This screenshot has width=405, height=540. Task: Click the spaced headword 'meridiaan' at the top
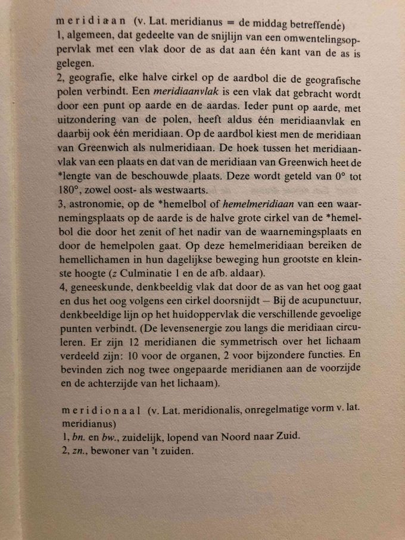tap(89, 23)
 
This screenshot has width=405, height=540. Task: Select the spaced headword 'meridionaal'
tap(100, 410)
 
